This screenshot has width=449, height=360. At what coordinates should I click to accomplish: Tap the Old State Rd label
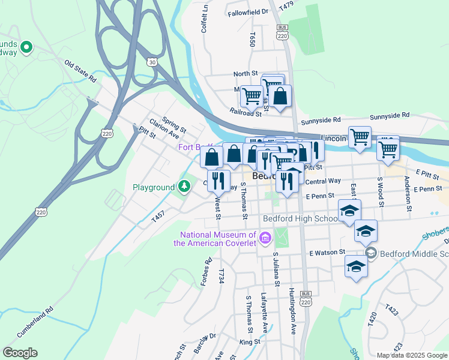tap(80, 70)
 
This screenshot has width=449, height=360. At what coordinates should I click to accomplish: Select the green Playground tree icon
tap(184, 187)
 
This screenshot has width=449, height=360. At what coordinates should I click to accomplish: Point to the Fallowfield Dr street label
tap(248, 11)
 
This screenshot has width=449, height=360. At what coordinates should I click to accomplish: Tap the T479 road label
tap(286, 5)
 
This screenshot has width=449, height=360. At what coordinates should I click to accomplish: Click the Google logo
tap(20, 353)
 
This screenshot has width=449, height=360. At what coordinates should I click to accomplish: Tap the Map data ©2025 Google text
tap(412, 355)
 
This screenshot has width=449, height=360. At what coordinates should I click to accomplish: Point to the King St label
tap(249, 341)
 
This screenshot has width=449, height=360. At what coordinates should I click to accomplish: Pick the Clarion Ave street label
tap(164, 127)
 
